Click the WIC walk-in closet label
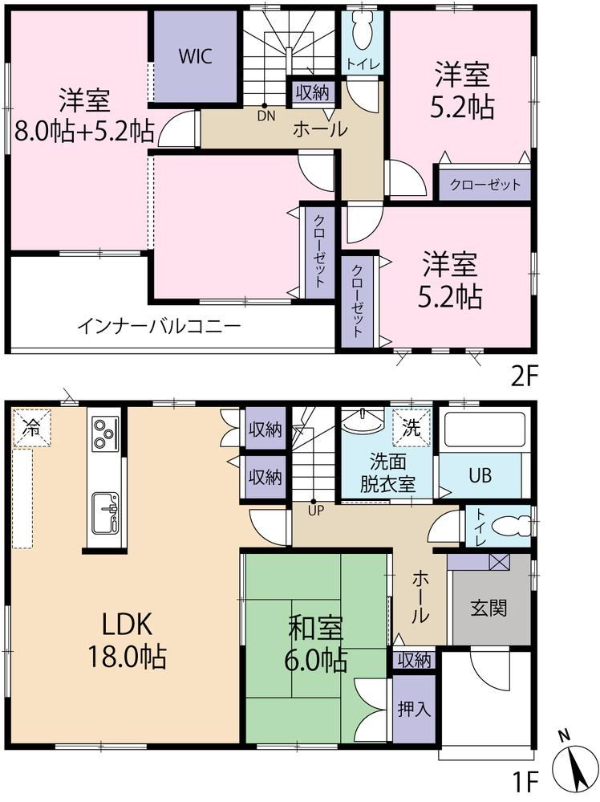(195, 56)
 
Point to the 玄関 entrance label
(489, 609)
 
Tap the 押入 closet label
(415, 709)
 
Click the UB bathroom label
(480, 476)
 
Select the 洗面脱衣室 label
(388, 473)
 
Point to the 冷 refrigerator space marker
(32, 428)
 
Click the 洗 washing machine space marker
(411, 428)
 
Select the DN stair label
(266, 116)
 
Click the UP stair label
(315, 510)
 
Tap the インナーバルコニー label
(159, 326)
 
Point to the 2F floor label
(525, 377)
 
